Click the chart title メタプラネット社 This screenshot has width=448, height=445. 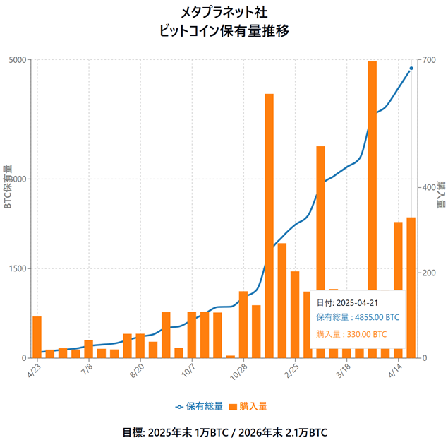click(x=224, y=12)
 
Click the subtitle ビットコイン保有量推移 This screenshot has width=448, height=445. click(x=224, y=31)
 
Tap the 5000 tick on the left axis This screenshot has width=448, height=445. click(x=18, y=60)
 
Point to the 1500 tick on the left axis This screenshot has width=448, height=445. click(x=18, y=268)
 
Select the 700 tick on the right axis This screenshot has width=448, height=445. click(x=428, y=60)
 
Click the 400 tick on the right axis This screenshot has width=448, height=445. click(x=428, y=187)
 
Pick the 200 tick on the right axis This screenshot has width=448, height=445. click(x=428, y=273)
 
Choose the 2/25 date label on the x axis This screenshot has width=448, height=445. click(x=292, y=370)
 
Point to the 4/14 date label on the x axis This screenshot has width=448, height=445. click(x=395, y=370)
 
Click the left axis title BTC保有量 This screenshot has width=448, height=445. click(x=8, y=187)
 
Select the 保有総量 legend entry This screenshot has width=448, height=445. click(x=200, y=406)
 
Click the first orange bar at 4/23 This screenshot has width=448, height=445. click(x=37, y=337)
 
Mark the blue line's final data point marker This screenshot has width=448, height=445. click(x=411, y=69)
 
